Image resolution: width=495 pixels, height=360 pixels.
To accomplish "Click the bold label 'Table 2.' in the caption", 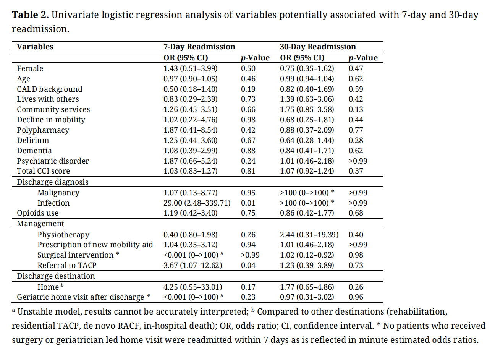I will point(30,15).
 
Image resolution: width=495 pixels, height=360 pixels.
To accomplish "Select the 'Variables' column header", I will point(35,47).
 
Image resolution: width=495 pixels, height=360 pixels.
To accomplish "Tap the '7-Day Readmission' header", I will point(199,47).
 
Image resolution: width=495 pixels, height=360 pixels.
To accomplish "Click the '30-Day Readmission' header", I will point(317,47).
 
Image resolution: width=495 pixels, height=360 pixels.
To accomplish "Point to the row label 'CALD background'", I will point(49,89).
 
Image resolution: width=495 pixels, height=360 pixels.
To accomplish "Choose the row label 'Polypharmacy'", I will point(43,130).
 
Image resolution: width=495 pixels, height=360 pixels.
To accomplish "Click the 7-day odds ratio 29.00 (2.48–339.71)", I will point(197,203).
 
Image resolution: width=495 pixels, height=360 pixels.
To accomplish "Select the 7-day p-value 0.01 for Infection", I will point(248,203).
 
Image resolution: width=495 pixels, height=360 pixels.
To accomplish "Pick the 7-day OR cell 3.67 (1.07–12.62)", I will point(192,265).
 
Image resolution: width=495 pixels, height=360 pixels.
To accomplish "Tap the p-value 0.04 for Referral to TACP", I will point(248,265).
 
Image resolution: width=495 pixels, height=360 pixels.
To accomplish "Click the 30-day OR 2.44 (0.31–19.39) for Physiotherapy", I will point(309,235).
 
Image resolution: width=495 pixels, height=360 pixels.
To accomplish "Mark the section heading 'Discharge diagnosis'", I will point(52,182).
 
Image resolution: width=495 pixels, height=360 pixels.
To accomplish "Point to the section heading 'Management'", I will point(40,224).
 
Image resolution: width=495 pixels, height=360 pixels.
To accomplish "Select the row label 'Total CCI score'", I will point(43,171).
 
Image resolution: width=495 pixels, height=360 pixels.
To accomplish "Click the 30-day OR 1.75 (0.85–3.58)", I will point(307,109).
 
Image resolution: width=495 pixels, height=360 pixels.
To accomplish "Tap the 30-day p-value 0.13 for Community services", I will point(356,109).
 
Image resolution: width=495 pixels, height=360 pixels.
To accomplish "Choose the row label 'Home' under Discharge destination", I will point(48,287).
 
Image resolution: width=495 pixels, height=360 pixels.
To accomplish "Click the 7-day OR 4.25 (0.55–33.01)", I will point(192,287).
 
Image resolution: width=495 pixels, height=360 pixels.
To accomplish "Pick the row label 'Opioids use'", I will point(37,213).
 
